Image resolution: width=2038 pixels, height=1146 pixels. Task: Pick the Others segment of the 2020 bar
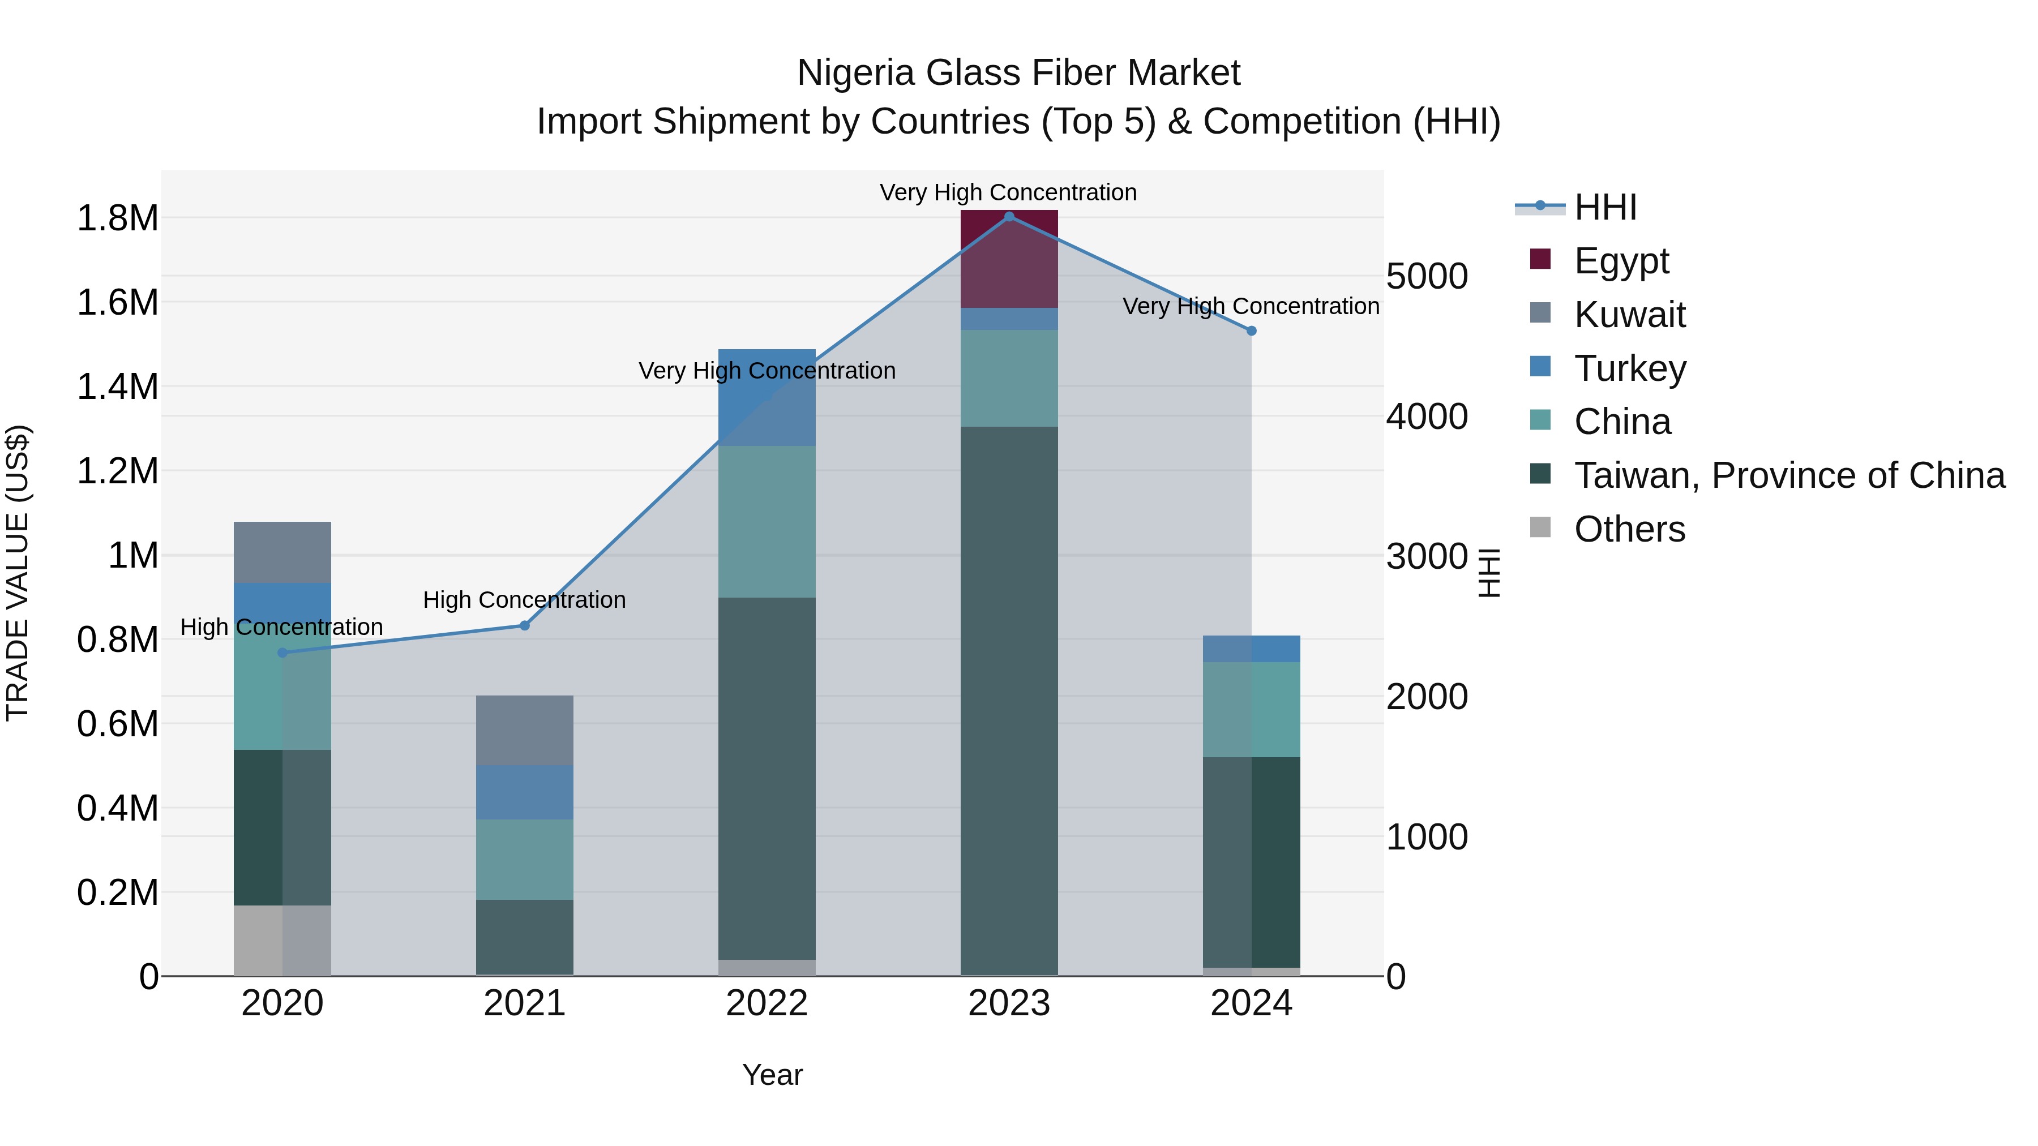282,941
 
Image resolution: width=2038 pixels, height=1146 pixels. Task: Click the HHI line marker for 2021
525,625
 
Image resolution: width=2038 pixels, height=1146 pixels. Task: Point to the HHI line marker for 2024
1251,332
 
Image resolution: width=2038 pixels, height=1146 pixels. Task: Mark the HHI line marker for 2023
1009,217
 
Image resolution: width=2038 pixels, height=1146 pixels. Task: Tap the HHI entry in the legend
1604,207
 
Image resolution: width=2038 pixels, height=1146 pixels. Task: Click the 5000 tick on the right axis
1427,277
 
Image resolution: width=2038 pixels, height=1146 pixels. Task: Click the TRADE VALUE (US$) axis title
18,573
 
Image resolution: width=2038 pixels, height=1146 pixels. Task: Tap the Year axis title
772,1075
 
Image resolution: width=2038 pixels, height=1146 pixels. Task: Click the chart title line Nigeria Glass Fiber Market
1018,73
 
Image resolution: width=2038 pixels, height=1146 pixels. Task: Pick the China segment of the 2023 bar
1009,378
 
